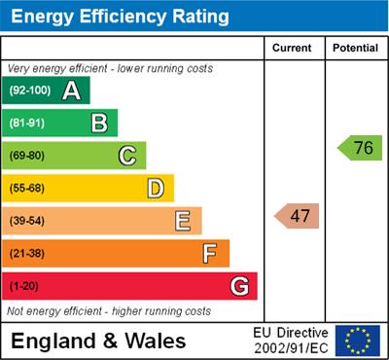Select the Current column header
[293, 48]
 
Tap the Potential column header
[355, 48]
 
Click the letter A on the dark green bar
[71, 90]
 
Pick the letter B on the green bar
[99, 124]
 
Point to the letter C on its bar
[127, 156]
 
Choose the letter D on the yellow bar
[156, 188]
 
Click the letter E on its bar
[183, 221]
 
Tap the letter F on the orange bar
[210, 253]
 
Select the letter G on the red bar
[239, 286]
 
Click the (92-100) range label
[30, 91]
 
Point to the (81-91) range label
[28, 124]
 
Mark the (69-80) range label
[28, 156]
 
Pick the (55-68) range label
[28, 189]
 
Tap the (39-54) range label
[28, 221]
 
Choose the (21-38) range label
[28, 254]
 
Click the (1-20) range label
[24, 286]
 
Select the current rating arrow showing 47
[297, 216]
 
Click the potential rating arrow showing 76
[360, 148]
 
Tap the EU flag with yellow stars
[358, 340]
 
